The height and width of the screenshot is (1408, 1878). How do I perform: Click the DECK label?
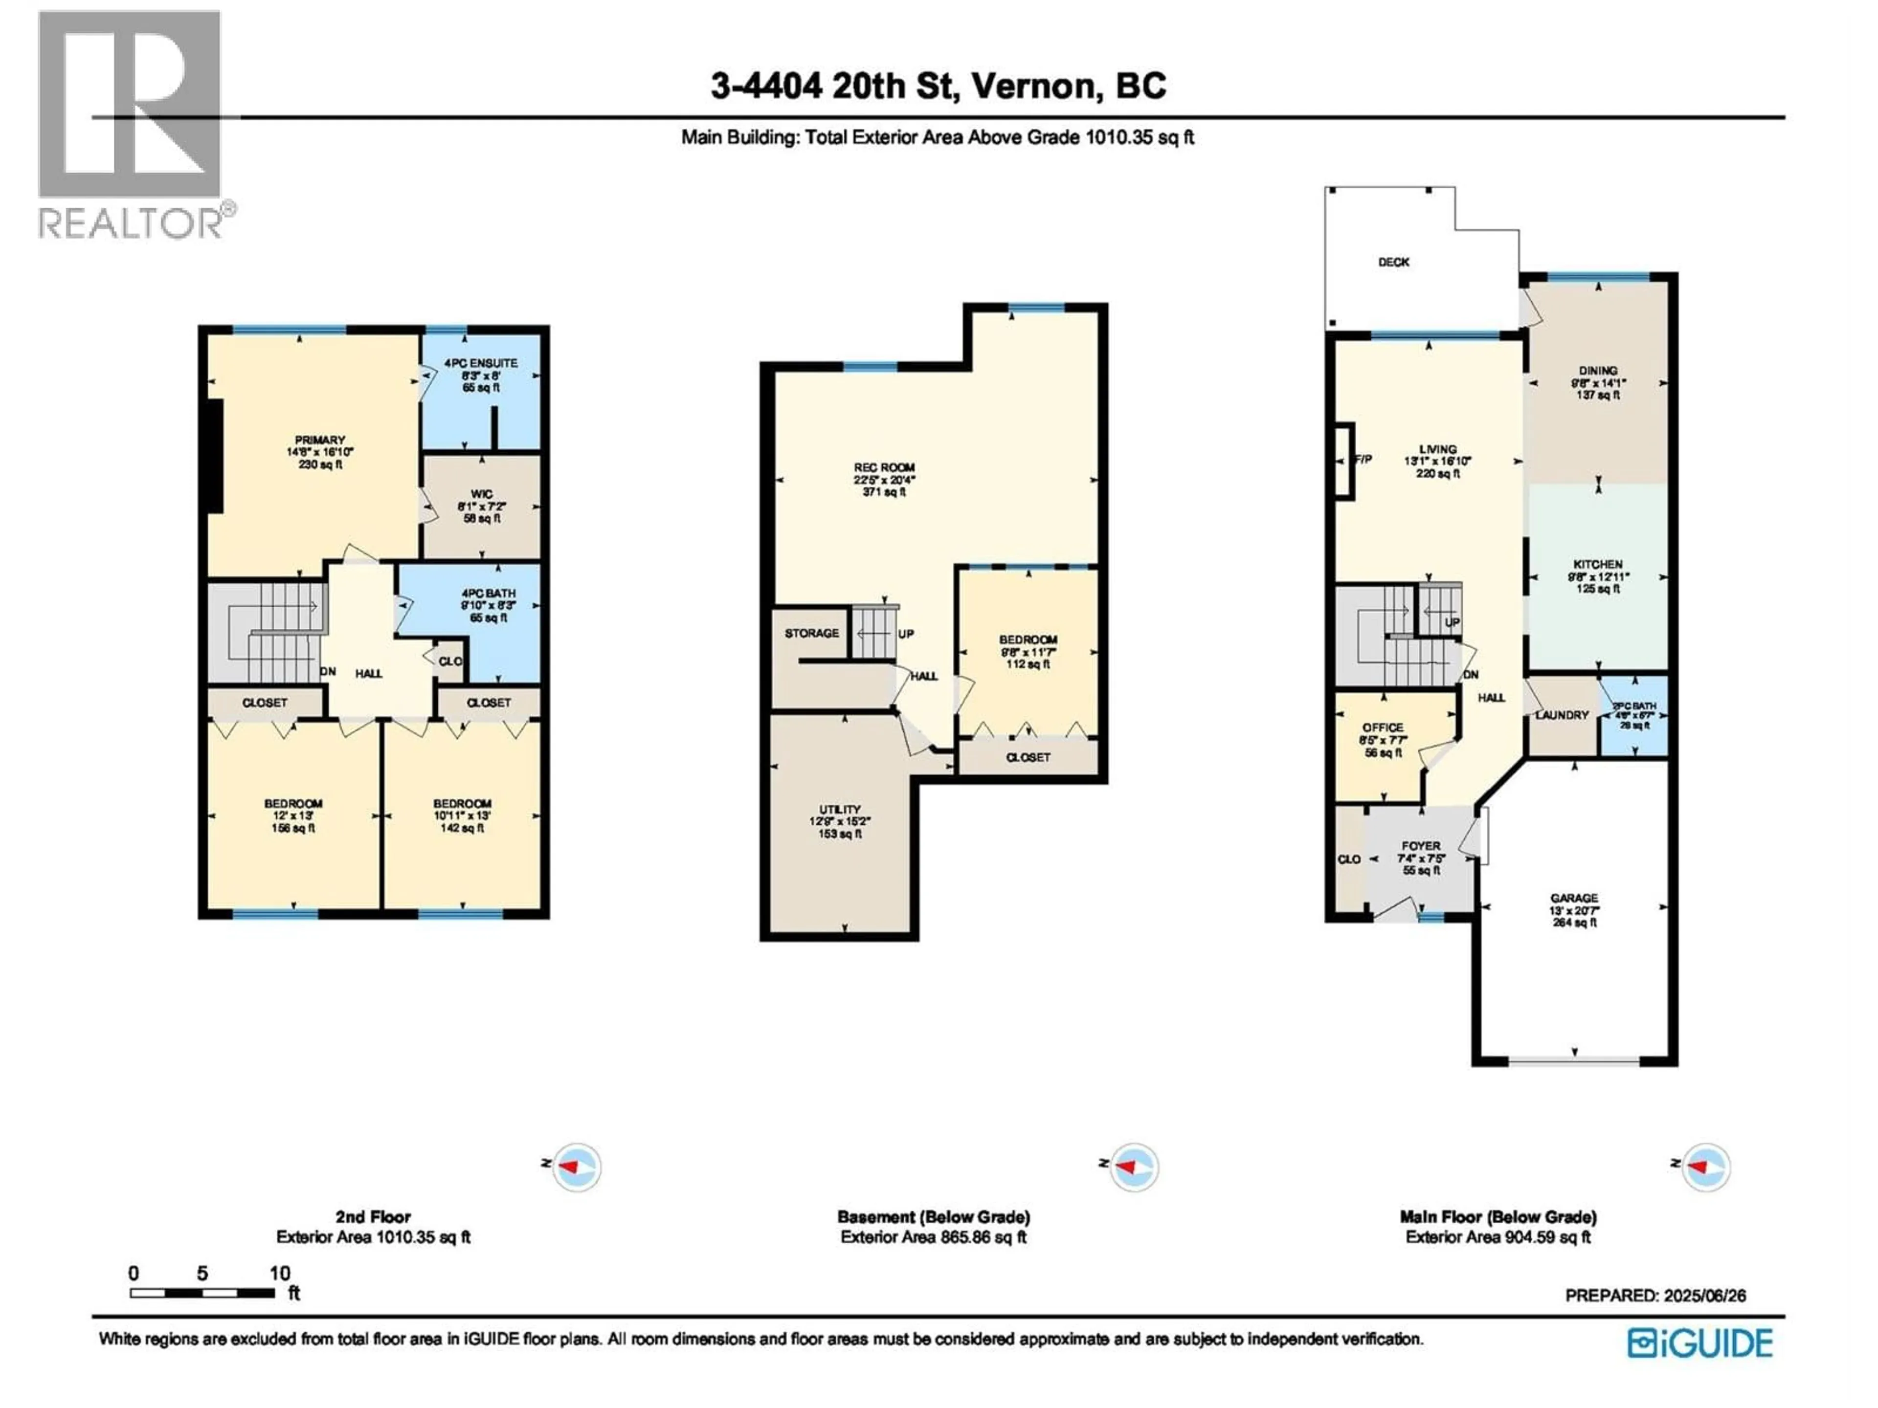[1393, 262]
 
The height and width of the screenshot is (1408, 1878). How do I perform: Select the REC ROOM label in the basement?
[884, 468]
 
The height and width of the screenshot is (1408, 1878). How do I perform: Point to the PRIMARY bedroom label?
[319, 440]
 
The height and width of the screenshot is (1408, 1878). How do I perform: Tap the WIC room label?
[481, 494]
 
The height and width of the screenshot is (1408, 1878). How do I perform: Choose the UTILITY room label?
[840, 810]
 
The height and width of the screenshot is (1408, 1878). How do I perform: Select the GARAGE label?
[1574, 898]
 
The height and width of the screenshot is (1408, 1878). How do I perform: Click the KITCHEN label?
[1598, 564]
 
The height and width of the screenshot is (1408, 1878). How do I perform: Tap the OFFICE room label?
[1382, 728]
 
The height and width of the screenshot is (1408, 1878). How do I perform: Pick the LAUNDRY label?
[1561, 715]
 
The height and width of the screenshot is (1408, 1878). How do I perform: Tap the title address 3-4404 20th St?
[938, 86]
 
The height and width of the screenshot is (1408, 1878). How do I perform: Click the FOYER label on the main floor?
[1420, 846]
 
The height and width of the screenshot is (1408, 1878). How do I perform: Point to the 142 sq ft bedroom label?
[462, 804]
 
